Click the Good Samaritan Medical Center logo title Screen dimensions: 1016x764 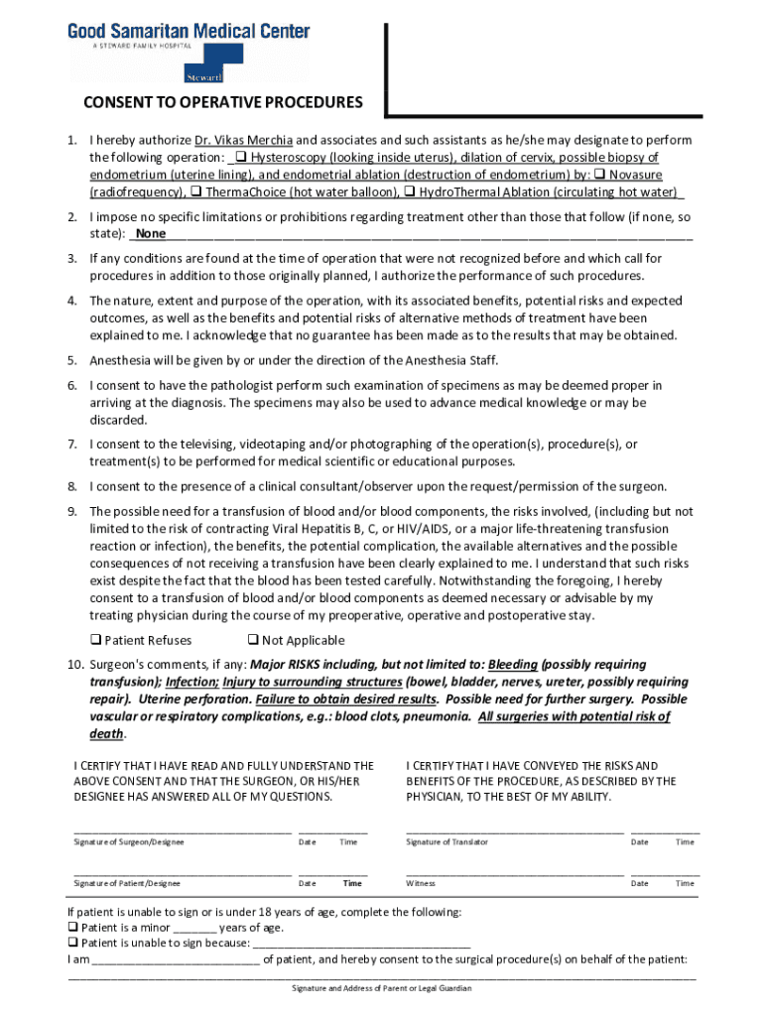[189, 32]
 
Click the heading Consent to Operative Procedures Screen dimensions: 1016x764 [222, 103]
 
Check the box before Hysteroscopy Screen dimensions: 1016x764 [241, 158]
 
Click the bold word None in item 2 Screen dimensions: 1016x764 [151, 234]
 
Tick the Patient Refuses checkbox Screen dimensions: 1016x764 [96, 641]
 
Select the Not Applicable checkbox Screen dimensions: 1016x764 [253, 641]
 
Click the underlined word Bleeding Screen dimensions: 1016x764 [513, 664]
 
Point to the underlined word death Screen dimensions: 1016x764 [107, 734]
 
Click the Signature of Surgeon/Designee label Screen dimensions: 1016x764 [129, 842]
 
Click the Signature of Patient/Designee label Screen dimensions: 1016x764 [127, 883]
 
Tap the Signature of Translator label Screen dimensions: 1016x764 [446, 842]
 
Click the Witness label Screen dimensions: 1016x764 [421, 883]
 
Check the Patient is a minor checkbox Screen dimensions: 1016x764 [73, 928]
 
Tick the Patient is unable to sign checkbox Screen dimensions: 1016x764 [73, 944]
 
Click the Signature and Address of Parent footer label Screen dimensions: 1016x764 [381, 988]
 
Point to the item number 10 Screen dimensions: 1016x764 [75, 664]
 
